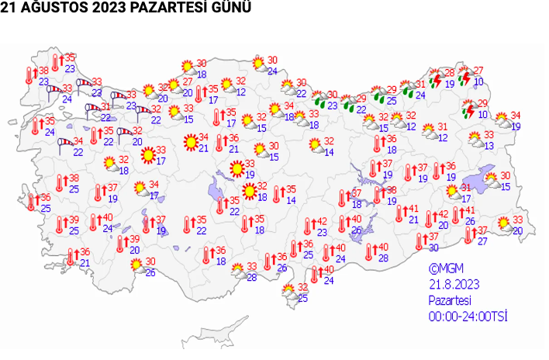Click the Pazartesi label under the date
tap(450, 300)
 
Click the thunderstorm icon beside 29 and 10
tap(468, 110)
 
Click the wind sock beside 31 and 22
tap(92, 108)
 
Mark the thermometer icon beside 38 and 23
tap(29, 75)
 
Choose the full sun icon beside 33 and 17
tap(147, 155)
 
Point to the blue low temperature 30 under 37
tap(434, 247)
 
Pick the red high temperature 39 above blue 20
tap(133, 239)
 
